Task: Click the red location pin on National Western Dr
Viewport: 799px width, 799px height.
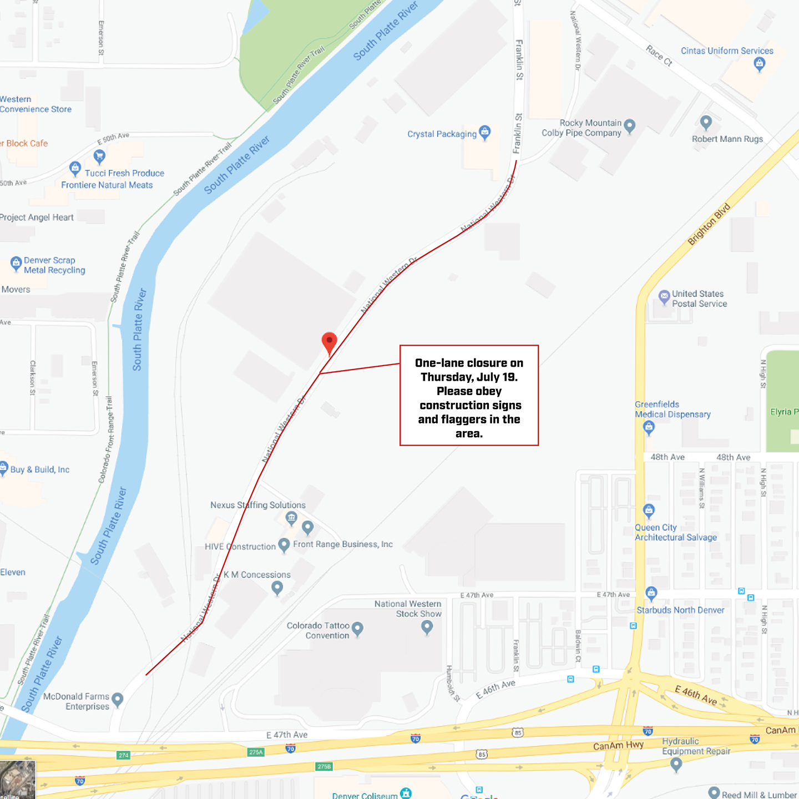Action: (x=329, y=342)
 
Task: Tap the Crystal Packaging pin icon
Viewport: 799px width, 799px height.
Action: (x=485, y=132)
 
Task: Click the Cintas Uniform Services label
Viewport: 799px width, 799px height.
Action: (x=727, y=51)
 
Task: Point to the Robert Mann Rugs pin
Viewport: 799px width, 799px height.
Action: (x=706, y=122)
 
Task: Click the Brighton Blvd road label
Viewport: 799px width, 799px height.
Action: (x=709, y=224)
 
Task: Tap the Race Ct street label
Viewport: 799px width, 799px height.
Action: (x=659, y=55)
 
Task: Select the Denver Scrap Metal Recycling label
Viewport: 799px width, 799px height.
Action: (x=54, y=265)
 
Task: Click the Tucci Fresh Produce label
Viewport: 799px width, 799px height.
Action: (x=124, y=173)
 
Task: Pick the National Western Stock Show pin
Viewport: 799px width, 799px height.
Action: (x=427, y=627)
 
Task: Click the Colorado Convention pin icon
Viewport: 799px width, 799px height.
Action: (x=357, y=629)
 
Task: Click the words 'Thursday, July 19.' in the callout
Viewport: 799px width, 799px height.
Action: (x=469, y=377)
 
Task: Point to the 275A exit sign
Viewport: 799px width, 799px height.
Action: (x=256, y=752)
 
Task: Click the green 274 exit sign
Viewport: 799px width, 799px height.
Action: (x=123, y=755)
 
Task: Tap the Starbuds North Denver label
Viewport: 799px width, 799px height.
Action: (x=680, y=610)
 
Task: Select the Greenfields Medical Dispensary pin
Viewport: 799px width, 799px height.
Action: (x=649, y=427)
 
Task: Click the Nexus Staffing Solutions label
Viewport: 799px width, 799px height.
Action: (x=257, y=505)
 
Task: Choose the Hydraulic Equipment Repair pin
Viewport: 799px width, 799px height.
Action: (x=676, y=764)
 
